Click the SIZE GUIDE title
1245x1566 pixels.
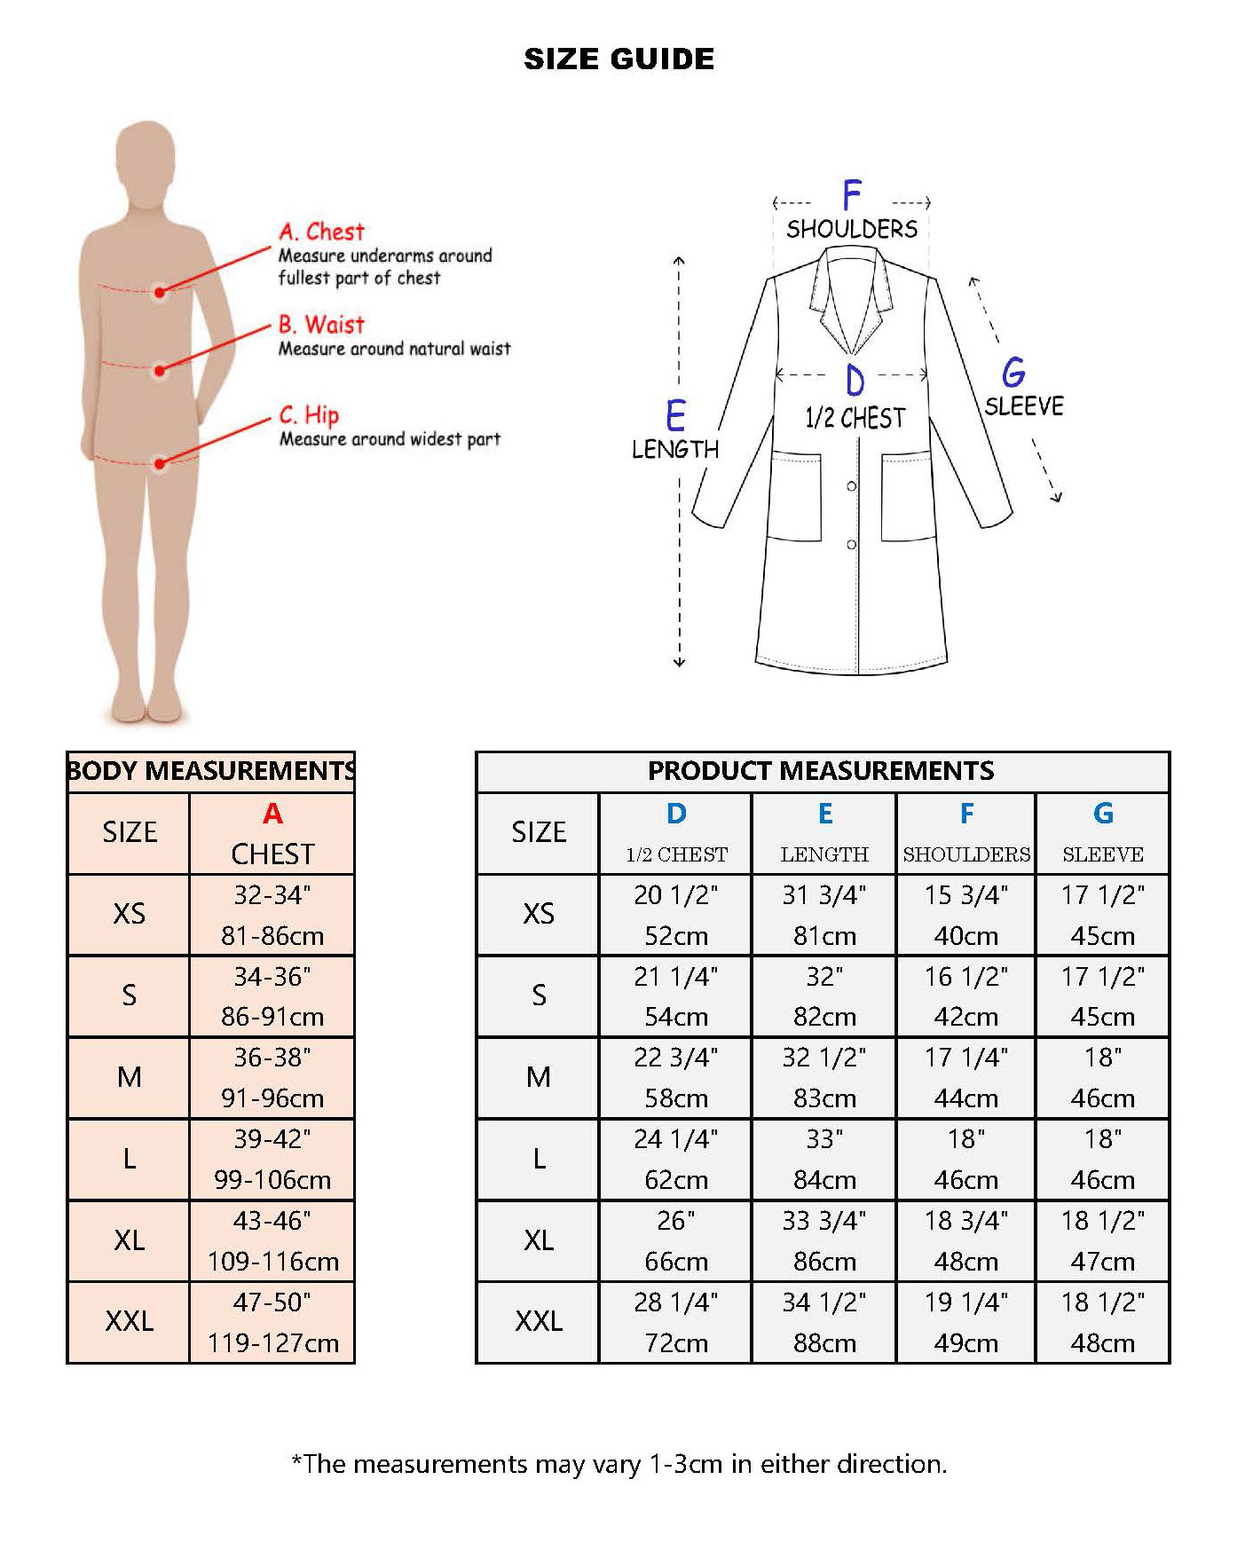point(619,59)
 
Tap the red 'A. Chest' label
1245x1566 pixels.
point(321,232)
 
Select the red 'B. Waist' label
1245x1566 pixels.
point(321,324)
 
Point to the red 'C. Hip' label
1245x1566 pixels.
point(309,415)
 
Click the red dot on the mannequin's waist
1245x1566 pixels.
point(160,371)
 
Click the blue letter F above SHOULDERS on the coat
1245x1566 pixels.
point(852,194)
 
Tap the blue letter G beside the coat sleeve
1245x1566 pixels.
point(1013,372)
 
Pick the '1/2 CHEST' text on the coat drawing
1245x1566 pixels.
point(855,418)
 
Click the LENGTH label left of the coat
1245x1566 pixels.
point(675,449)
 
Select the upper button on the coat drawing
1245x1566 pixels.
point(852,486)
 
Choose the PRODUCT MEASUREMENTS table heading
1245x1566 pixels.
point(821,770)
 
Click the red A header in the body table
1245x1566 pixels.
point(272,813)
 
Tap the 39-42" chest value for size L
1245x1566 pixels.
point(272,1139)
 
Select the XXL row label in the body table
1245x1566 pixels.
point(130,1321)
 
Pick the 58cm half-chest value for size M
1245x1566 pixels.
point(676,1098)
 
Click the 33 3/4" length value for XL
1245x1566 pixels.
point(824,1221)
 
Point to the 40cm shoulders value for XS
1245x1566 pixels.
point(965,936)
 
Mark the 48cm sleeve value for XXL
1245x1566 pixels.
point(1103,1343)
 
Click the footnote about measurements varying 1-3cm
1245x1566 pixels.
point(619,1463)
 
